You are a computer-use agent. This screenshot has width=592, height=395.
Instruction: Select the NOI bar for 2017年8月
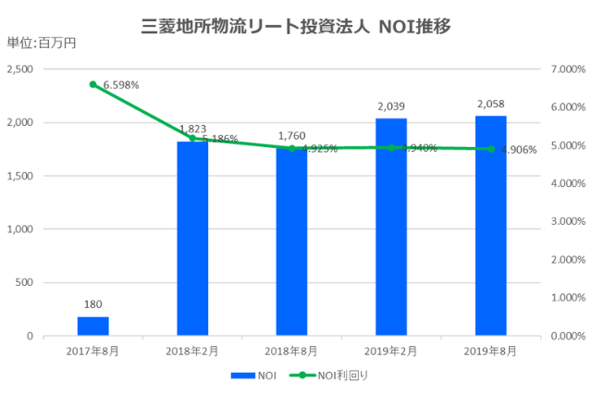point(93,326)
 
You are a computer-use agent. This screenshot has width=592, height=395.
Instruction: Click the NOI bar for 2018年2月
point(192,241)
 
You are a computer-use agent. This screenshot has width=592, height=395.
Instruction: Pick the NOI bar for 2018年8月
point(291,245)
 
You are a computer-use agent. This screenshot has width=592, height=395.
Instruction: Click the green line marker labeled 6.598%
point(93,84)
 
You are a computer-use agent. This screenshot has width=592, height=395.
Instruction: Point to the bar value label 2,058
point(490,105)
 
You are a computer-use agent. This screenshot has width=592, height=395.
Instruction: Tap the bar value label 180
point(93,304)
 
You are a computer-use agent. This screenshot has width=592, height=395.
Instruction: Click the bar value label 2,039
point(391,106)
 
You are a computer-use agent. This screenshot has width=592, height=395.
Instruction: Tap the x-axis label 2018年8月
point(291,351)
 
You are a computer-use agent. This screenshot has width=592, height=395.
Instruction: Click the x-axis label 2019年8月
point(490,351)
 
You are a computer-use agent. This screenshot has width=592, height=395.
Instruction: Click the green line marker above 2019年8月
point(490,149)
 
